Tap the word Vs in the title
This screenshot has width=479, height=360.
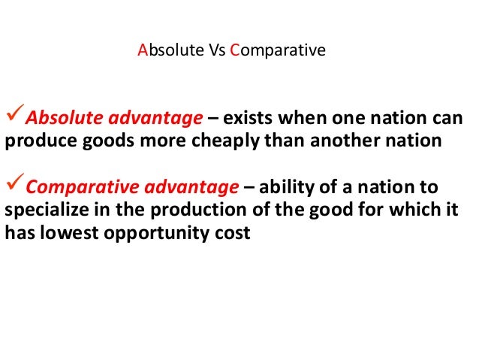point(207,52)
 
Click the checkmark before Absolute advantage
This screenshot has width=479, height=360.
point(14,117)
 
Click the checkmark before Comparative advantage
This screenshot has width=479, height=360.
point(14,186)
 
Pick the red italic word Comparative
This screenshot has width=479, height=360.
point(74,186)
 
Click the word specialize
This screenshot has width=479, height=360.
point(43,209)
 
